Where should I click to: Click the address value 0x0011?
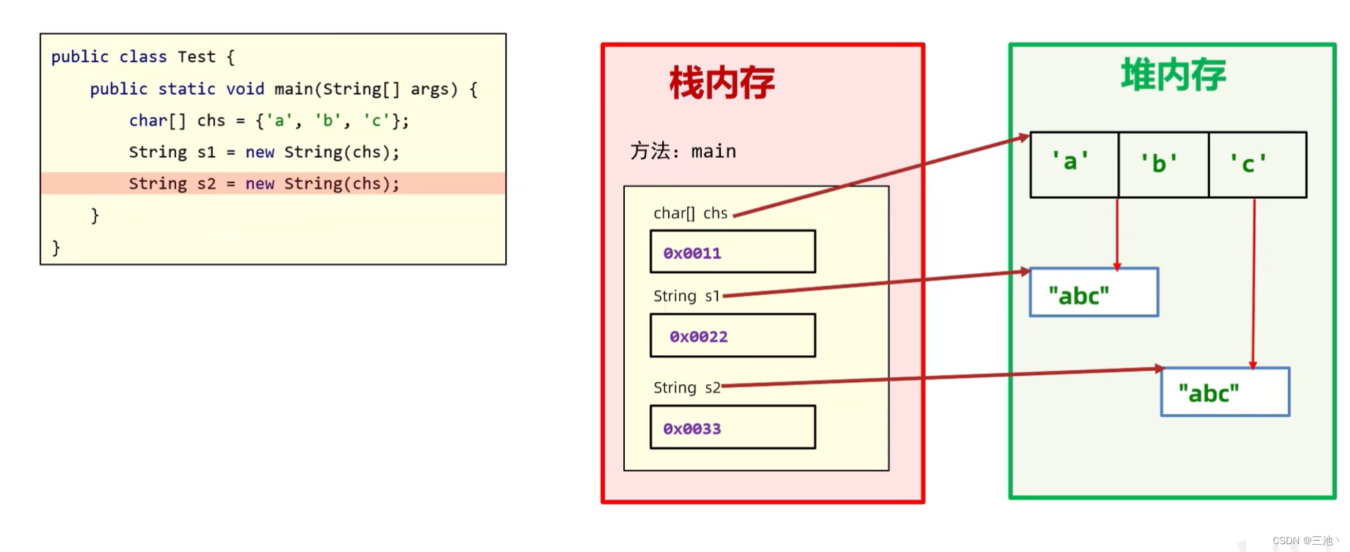[x=692, y=253]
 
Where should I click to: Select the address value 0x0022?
[x=698, y=336]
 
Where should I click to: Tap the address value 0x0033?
[x=692, y=428]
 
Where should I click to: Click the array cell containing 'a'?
[x=1073, y=163]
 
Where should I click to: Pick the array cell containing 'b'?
[x=1162, y=163]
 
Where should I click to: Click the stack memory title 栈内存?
[x=722, y=83]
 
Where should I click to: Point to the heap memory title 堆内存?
[x=1173, y=75]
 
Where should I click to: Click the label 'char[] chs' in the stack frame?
[x=690, y=213]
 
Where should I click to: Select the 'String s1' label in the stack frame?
[x=686, y=296]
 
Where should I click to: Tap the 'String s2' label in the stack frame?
[x=686, y=387]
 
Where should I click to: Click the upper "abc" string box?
[x=1093, y=292]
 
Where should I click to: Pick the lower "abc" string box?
[x=1224, y=392]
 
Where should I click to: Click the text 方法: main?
[x=683, y=151]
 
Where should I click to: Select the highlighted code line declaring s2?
[x=264, y=183]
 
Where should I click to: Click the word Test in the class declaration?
[x=196, y=57]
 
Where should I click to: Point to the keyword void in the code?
[x=245, y=88]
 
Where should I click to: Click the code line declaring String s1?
[x=264, y=151]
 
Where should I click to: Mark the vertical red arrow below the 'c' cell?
[x=1254, y=283]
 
